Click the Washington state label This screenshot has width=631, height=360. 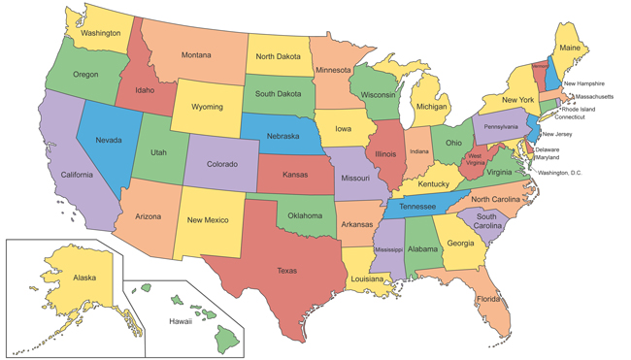click(x=100, y=33)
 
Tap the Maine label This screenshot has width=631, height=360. click(x=571, y=48)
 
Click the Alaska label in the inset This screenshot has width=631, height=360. click(x=84, y=278)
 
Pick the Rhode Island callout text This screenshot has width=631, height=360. click(x=575, y=109)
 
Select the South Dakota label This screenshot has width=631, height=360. click(x=278, y=94)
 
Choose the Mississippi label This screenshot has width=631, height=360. click(x=388, y=249)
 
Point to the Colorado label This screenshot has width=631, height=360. click(x=221, y=164)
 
